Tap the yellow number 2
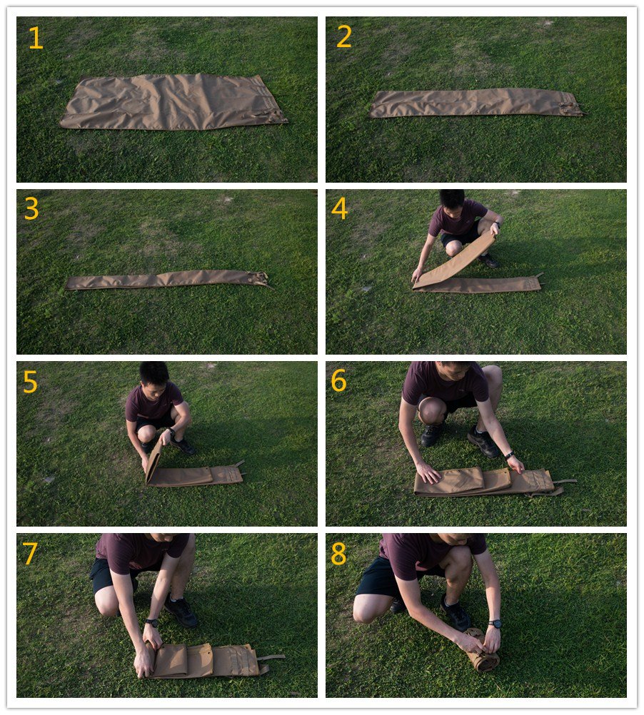point(344,36)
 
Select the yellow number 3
point(31,208)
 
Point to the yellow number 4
point(340,208)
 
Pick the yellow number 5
point(30,382)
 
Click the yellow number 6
point(339,380)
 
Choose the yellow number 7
point(30,553)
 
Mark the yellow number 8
point(339,553)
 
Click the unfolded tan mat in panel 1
point(173,101)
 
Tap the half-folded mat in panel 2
point(477,103)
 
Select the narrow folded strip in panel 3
point(167,279)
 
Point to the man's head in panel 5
point(154,375)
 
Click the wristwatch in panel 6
point(509,455)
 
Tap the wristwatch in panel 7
point(151,622)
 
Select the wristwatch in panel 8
point(494,624)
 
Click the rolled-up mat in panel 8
point(481,650)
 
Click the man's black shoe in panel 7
point(181,611)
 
